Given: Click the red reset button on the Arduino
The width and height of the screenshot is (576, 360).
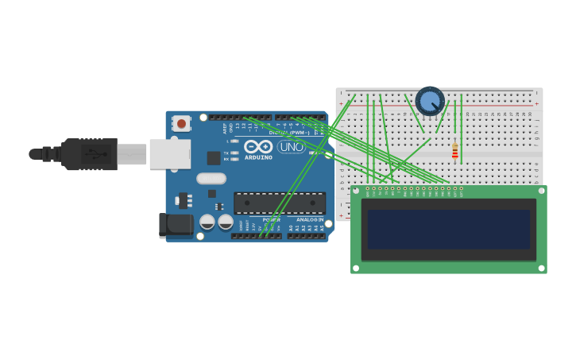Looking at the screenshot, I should [181, 123].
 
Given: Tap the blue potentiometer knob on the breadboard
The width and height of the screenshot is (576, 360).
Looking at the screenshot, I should [430, 101].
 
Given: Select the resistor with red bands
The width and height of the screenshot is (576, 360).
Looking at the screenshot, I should [455, 151].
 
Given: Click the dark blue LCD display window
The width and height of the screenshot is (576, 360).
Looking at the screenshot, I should [449, 229].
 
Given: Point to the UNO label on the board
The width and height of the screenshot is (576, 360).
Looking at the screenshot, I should [291, 147].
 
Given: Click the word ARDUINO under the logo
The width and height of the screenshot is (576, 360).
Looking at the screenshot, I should [258, 157].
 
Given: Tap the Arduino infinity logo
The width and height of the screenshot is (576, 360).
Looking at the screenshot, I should [258, 146].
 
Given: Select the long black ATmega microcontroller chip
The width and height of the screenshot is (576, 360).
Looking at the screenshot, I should [279, 203].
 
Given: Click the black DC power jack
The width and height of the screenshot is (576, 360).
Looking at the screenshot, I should [176, 225].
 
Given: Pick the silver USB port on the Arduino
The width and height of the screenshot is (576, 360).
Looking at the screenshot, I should [169, 154].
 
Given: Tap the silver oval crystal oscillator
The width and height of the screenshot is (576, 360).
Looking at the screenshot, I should [211, 179].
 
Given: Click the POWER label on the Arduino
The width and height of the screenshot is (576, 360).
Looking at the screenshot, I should [272, 219].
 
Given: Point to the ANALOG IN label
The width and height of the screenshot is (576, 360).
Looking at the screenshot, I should [310, 219].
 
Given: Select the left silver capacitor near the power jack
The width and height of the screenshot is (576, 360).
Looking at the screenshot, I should [207, 222].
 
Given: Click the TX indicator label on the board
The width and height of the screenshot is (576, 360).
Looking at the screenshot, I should [226, 153].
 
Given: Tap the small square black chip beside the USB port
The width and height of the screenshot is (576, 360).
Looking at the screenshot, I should [214, 158].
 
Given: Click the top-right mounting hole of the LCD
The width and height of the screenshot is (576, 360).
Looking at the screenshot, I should [541, 191].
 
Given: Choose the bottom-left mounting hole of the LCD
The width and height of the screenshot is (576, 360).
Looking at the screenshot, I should [356, 268].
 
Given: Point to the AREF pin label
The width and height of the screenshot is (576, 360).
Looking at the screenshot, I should [225, 127].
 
